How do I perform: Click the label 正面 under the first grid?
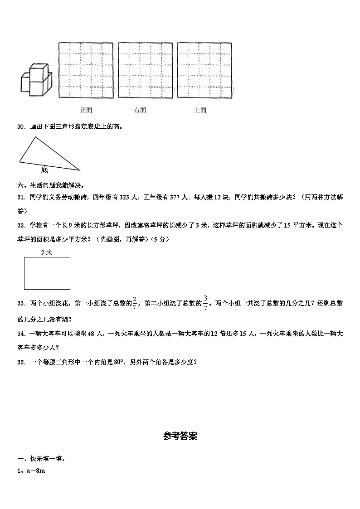click(x=86, y=110)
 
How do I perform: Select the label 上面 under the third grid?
click(x=200, y=110)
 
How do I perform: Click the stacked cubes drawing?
click(x=36, y=79)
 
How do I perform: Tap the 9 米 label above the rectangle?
click(x=46, y=253)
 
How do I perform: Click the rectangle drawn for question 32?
click(x=47, y=273)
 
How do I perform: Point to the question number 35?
click(x=20, y=362)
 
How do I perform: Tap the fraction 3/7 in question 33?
click(x=205, y=303)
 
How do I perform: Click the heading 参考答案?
click(x=180, y=436)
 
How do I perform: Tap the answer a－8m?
click(x=34, y=471)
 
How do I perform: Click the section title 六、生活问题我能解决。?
click(x=51, y=185)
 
